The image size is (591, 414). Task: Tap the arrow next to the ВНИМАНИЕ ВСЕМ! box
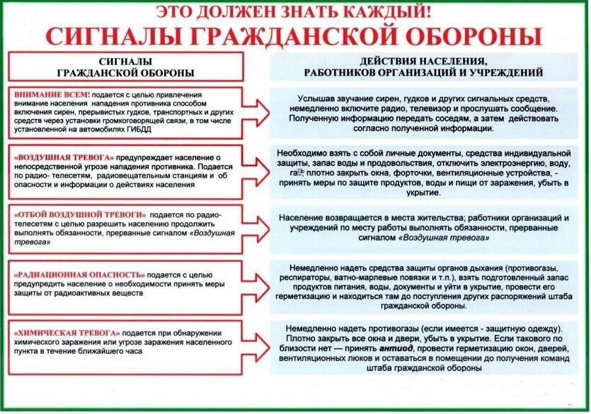pyautogui.click(x=260, y=111)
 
